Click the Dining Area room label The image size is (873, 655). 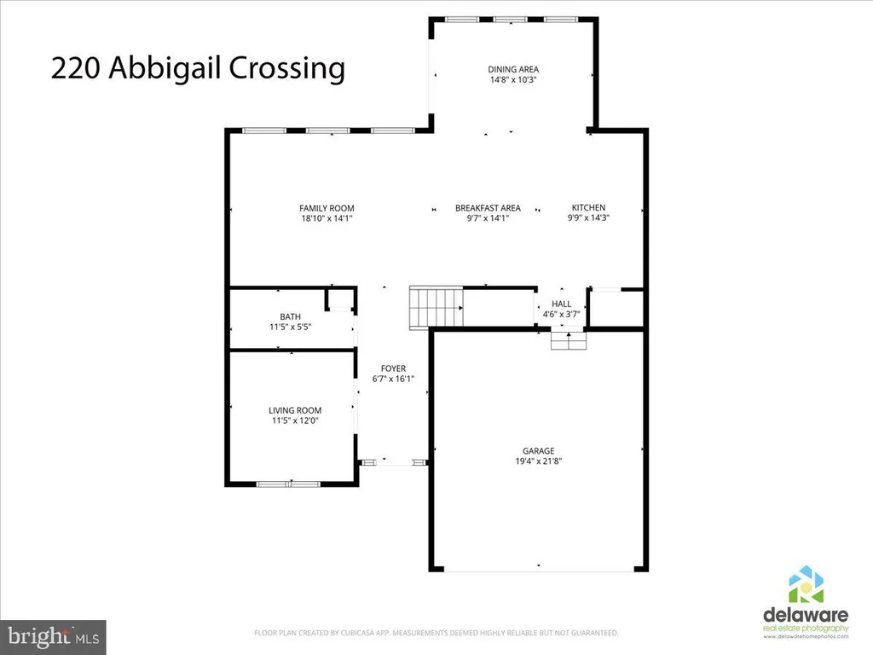click(x=513, y=70)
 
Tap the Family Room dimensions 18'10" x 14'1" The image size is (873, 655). click(x=327, y=219)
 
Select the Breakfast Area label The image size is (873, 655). click(x=488, y=208)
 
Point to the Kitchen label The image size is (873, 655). click(x=588, y=208)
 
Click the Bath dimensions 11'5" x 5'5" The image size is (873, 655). click(x=290, y=327)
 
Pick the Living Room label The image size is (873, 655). click(x=295, y=410)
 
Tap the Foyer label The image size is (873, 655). click(x=393, y=368)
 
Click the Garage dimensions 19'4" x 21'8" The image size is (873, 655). click(x=539, y=461)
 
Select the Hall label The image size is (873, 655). click(x=561, y=304)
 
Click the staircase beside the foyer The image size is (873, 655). click(x=436, y=307)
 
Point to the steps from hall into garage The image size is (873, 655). click(x=569, y=340)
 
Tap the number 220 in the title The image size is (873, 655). click(x=76, y=68)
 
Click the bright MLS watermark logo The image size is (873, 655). click(x=53, y=637)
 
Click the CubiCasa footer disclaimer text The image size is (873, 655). click(x=436, y=633)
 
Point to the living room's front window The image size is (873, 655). click(x=288, y=484)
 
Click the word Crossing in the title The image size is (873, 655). click(x=286, y=69)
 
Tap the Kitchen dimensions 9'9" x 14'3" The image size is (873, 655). click(x=588, y=218)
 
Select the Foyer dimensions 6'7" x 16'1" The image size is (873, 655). click(x=393, y=380)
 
